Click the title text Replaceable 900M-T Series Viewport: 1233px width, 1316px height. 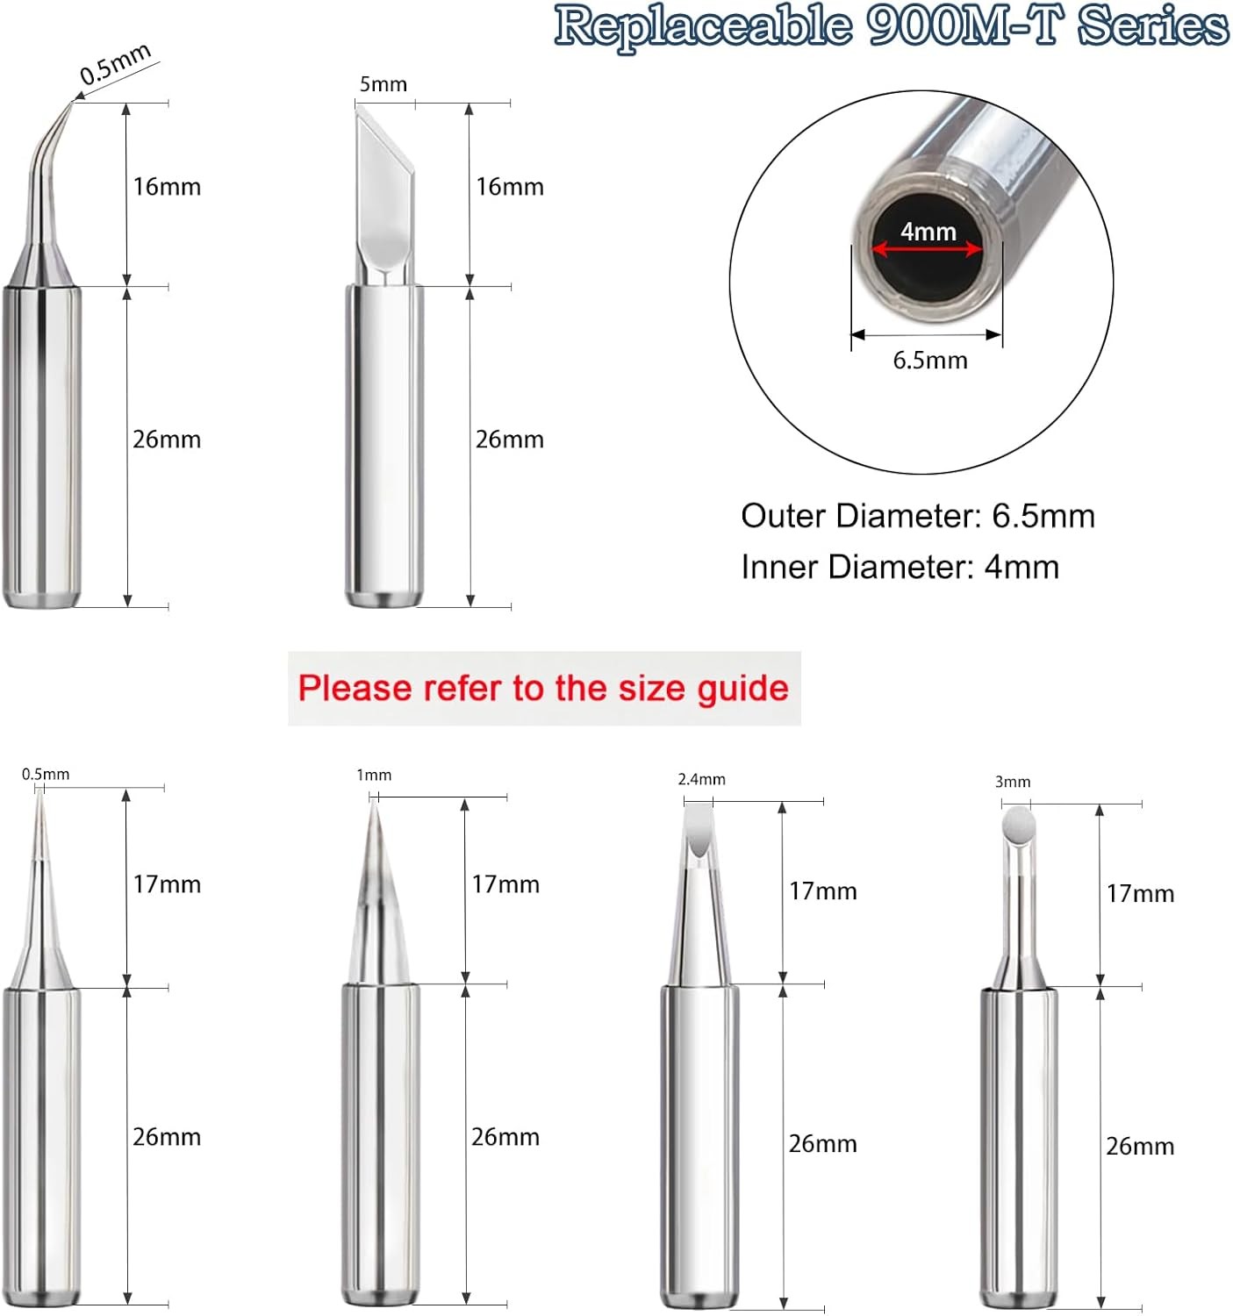click(x=891, y=26)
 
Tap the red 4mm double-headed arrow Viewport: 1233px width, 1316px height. click(x=927, y=250)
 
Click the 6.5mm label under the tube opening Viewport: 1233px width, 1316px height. click(x=929, y=361)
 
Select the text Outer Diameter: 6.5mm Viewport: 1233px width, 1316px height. click(x=917, y=516)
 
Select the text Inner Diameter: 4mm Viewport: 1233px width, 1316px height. click(x=900, y=567)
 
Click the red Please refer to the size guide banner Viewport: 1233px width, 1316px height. click(x=543, y=689)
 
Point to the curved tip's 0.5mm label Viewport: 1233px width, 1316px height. click(x=115, y=64)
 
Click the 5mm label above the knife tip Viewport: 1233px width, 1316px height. click(x=384, y=84)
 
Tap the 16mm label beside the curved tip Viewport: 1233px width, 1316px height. click(x=167, y=187)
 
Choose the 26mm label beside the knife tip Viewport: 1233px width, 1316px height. click(x=509, y=440)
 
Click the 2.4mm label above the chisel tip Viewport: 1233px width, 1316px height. click(x=701, y=779)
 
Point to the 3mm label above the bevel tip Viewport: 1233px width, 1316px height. click(x=1012, y=782)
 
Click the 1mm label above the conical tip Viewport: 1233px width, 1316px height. click(x=374, y=775)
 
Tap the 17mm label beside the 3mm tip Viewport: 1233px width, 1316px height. click(x=1139, y=894)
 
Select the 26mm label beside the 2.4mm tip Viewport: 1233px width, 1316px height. click(x=822, y=1144)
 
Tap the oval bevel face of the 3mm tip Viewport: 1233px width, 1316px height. click(x=1018, y=826)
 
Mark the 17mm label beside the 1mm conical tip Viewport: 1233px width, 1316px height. click(x=505, y=884)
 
